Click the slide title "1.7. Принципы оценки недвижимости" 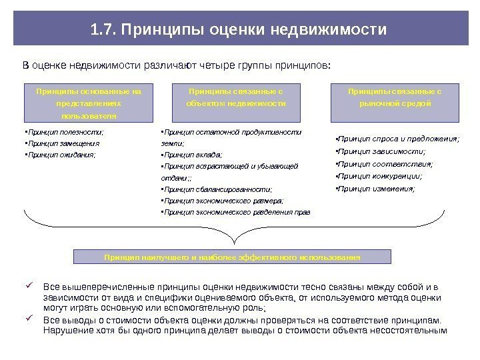point(239,30)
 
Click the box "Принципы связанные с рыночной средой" point(395,102)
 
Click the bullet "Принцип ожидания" point(60,154)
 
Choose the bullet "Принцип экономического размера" point(223,201)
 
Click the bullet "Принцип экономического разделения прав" point(237,212)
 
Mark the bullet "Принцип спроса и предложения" point(397,139)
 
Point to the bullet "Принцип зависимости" point(381,151)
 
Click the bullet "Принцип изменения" point(375,189)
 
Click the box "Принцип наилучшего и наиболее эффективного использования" point(232,257)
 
